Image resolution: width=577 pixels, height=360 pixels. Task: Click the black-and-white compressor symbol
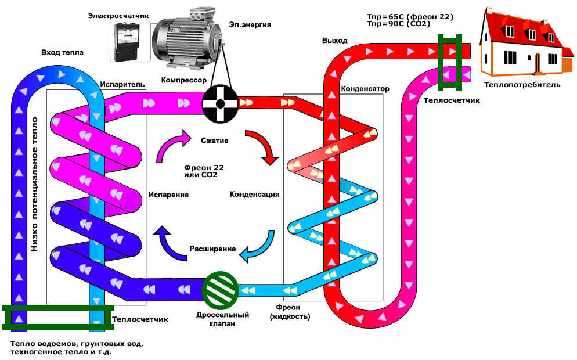[220, 104]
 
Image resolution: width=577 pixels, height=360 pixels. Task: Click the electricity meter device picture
[130, 41]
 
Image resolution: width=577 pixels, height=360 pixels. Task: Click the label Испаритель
[122, 85]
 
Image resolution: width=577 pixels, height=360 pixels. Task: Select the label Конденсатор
[365, 89]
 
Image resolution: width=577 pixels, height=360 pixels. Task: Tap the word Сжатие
[215, 141]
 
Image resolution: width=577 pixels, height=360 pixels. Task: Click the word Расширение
[212, 249]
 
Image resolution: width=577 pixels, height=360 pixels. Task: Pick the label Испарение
[168, 195]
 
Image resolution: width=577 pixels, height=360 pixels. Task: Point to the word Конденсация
[255, 194]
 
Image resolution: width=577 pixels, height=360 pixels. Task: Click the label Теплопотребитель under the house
[522, 85]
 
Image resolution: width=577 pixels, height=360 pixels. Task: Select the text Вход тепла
[62, 53]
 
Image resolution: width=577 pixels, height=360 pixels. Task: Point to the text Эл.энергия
[250, 25]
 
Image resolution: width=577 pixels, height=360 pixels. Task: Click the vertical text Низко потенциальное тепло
[34, 185]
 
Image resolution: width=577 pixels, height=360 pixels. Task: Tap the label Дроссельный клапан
[222, 319]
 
